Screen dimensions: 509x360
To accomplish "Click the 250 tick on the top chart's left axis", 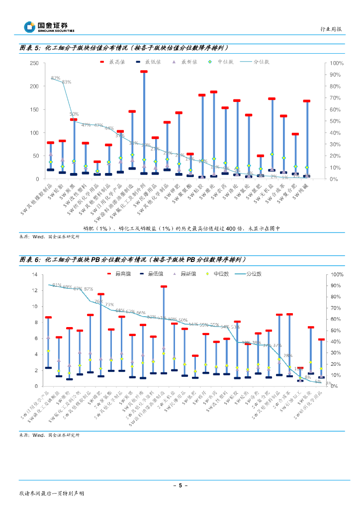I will (x=34, y=63).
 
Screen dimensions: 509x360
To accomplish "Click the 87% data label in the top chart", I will (x=55, y=78).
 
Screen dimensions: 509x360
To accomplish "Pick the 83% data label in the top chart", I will (x=67, y=82).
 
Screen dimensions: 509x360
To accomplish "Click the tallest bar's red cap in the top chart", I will (x=144, y=72).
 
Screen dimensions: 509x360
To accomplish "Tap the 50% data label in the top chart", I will (x=74, y=114).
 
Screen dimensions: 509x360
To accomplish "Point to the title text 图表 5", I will (x=29, y=48).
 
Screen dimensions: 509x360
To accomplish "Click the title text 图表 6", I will (x=29, y=259).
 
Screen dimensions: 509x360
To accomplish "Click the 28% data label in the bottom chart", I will (x=288, y=356).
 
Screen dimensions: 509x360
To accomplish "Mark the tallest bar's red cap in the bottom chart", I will (x=164, y=286).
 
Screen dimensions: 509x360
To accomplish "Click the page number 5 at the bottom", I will (x=180, y=485).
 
